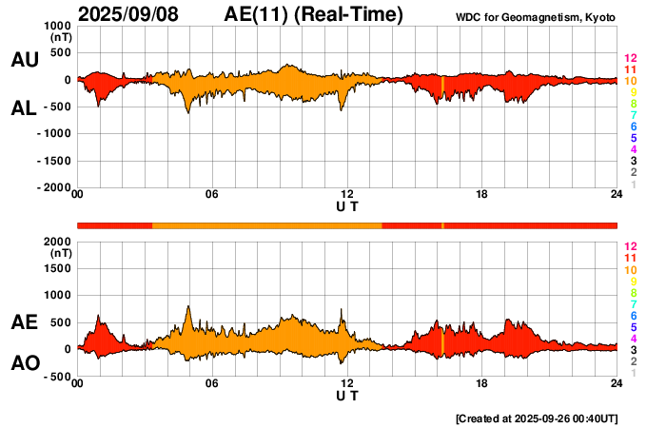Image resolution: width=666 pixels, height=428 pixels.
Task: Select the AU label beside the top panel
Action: point(25,60)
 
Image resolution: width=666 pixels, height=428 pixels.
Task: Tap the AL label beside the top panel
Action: point(25,108)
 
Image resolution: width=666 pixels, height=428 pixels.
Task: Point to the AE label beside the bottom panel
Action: point(25,322)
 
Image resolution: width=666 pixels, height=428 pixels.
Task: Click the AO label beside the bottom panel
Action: point(25,364)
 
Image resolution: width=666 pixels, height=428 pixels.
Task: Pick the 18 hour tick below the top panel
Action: point(482,195)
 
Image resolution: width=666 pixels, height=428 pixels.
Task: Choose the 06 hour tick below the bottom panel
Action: point(212,383)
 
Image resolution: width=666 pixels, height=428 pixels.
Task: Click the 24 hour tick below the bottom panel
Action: point(617,383)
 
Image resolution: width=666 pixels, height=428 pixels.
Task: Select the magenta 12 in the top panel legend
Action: point(630,58)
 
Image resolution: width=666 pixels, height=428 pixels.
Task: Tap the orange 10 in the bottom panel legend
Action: point(630,270)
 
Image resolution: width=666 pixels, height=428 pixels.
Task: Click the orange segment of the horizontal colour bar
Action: point(266,224)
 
